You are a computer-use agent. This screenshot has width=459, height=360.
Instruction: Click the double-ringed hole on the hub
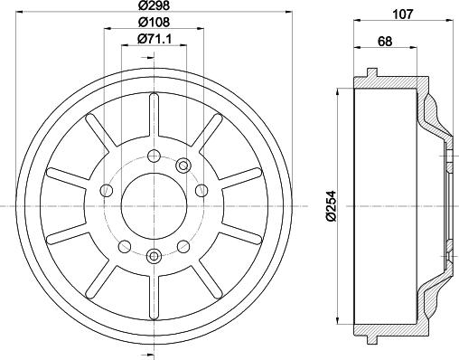(x=183, y=164)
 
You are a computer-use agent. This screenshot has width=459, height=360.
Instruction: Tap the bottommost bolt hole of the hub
(x=154, y=252)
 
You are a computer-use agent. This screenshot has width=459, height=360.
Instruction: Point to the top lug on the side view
(x=371, y=73)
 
